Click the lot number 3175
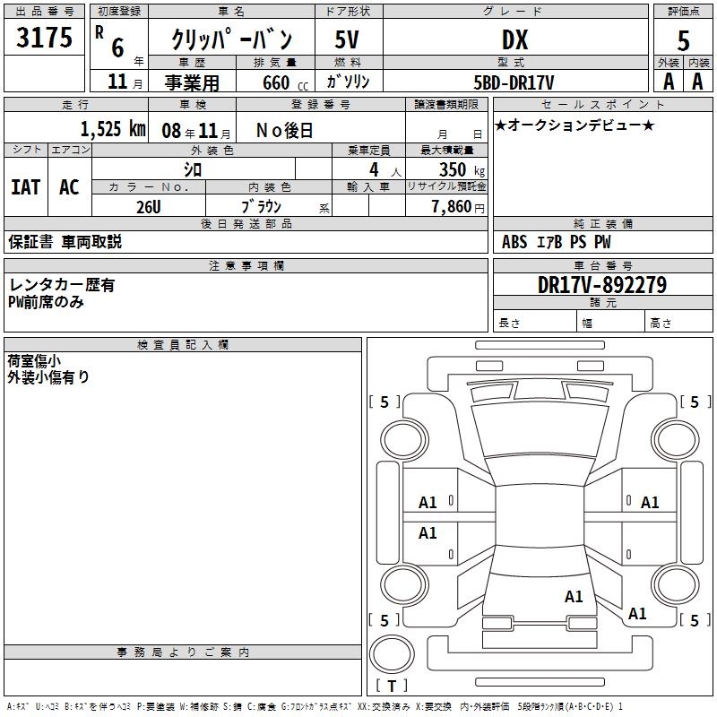pos(44,37)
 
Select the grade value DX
pos(514,39)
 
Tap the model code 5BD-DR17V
pos(514,82)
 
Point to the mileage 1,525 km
pos(113,129)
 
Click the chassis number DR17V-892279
pos(602,285)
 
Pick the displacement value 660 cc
pos(285,83)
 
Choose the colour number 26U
pos(149,207)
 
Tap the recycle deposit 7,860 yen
pos(458,207)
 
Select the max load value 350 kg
pos(462,169)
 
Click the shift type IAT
pos(26,187)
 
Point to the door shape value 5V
pos(347,39)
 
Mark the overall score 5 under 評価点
pos(683,41)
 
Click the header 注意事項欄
pos(246,265)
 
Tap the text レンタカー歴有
pos(62,285)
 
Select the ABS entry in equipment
pos(514,242)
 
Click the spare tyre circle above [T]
pos(392,654)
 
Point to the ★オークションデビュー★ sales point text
pos(574,125)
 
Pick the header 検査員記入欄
pos(183,345)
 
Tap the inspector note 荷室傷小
pos(34,361)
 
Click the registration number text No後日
pos(284,131)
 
